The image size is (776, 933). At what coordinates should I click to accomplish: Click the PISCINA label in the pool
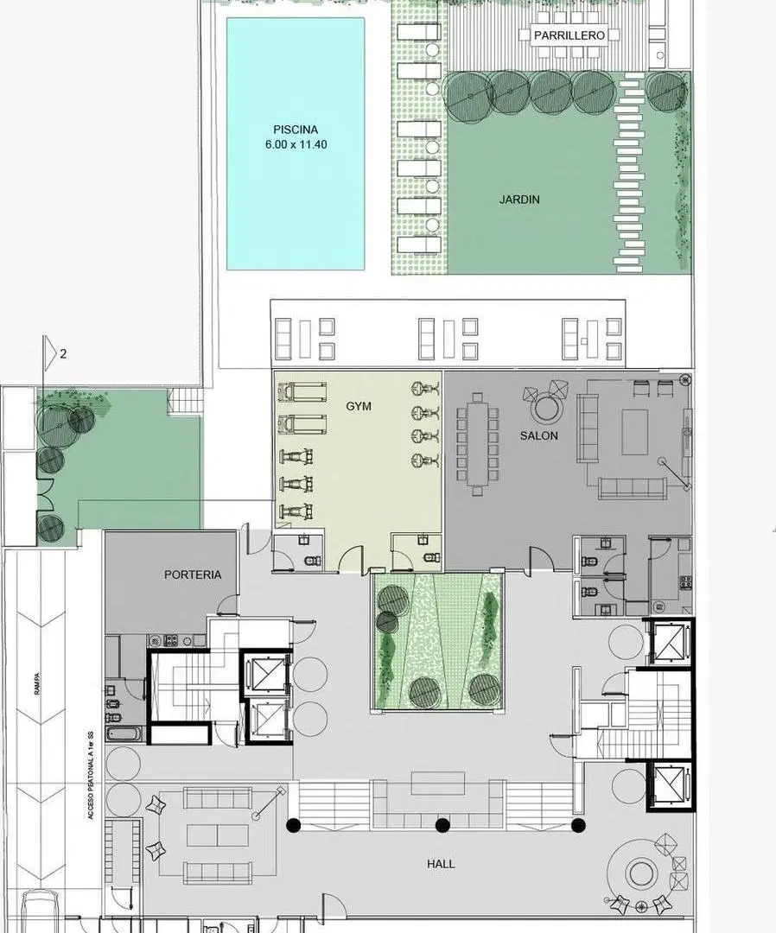click(296, 129)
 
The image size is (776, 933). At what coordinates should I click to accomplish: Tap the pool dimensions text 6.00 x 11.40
click(296, 144)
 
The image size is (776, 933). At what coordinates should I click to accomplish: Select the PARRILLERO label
click(569, 35)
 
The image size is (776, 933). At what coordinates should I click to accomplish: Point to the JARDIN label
click(519, 200)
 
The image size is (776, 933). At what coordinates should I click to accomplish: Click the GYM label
click(359, 406)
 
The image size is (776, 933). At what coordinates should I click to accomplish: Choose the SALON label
click(538, 435)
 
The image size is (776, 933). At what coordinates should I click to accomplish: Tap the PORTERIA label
click(192, 574)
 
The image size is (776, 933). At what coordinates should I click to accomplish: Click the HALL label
click(441, 864)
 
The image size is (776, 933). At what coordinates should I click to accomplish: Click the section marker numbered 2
click(63, 353)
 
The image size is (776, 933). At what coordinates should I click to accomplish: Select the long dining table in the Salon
click(477, 444)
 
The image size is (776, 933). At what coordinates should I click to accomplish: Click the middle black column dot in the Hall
click(442, 825)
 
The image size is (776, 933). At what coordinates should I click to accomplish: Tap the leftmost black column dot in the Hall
click(293, 825)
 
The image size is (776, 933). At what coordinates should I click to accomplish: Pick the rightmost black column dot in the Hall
click(578, 825)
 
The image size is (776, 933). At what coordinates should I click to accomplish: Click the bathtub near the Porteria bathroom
click(124, 733)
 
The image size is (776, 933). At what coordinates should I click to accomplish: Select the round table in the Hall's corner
click(639, 873)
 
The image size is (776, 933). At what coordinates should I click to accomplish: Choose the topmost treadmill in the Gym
click(303, 392)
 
